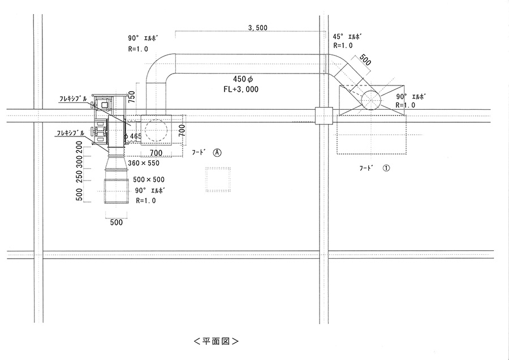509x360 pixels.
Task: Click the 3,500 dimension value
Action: (257, 28)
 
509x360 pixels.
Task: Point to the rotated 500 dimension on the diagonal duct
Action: (364, 61)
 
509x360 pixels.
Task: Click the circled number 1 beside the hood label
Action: (387, 168)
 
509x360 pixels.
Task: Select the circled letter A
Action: (217, 153)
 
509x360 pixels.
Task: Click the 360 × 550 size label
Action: (143, 163)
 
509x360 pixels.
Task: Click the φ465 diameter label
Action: (133, 136)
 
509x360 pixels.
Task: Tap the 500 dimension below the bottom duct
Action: (117, 222)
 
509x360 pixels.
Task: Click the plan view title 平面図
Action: (215, 341)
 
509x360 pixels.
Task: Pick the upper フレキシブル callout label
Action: (73, 98)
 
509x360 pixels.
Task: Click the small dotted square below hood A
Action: (218, 180)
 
